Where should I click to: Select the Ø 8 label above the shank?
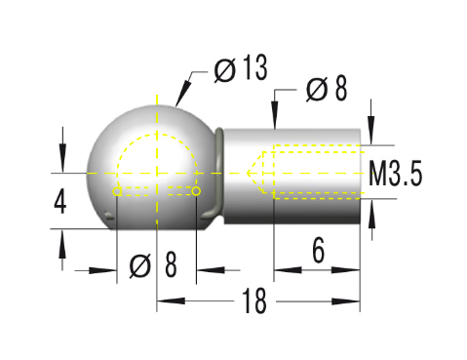point(326,89)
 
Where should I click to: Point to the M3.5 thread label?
point(396,176)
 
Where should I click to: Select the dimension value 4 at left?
point(60,202)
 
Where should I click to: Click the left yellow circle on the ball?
point(118,191)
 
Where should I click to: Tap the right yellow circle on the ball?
point(196,191)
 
